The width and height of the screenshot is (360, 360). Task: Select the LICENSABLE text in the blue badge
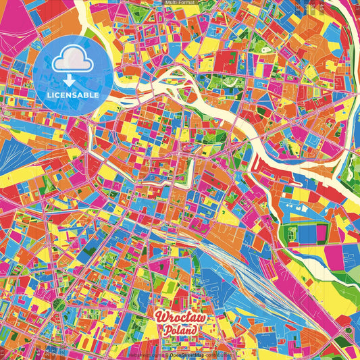[73, 95]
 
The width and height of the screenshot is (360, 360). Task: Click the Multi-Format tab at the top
[180, 3]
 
